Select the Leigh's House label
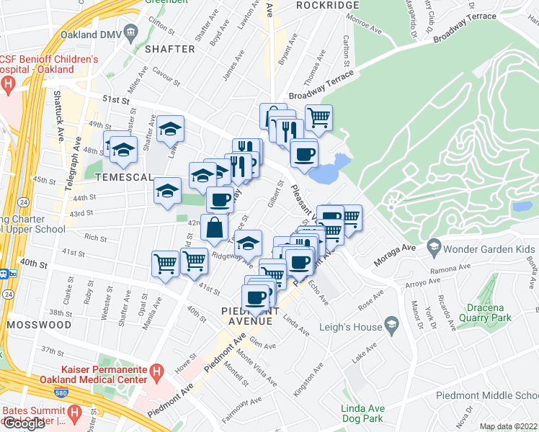click(x=352, y=326)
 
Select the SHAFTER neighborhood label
click(x=170, y=49)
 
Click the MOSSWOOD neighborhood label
click(x=32, y=325)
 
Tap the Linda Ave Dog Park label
click(x=362, y=413)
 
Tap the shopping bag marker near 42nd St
click(x=215, y=227)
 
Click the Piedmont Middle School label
click(x=487, y=396)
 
